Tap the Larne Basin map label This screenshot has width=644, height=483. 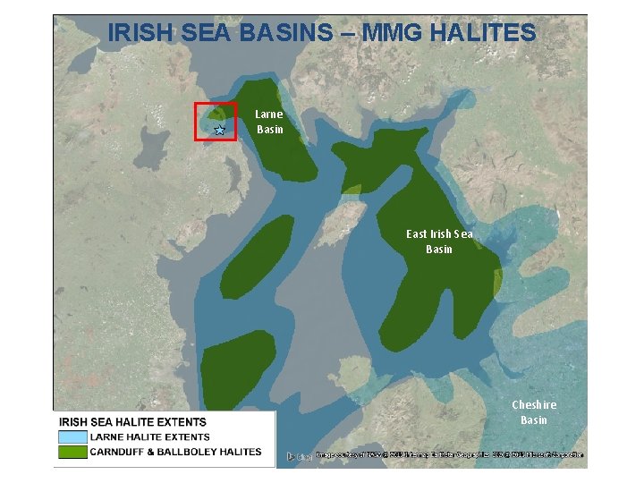pos(269,122)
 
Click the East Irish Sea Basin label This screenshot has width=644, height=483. pos(439,241)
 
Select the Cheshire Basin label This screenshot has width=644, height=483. pos(534,412)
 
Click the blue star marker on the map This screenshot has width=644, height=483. pos(219,131)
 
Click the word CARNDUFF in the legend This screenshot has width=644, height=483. pos(120,453)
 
